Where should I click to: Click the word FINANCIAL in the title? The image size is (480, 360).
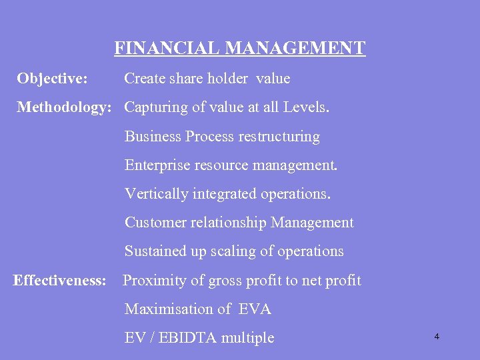click(x=167, y=49)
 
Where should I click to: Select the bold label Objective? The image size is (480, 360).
click(x=52, y=79)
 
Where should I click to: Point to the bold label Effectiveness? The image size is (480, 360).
click(x=60, y=281)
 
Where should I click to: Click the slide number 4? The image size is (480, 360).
click(x=437, y=337)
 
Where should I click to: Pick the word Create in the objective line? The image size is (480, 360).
click(x=145, y=79)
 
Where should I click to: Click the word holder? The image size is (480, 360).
click(x=227, y=79)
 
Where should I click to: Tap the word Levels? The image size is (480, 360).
click(x=306, y=107)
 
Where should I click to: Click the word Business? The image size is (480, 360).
click(x=153, y=137)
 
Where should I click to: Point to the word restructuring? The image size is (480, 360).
click(x=279, y=137)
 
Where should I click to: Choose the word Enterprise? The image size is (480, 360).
click(x=157, y=165)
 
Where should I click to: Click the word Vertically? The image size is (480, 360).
click(x=157, y=194)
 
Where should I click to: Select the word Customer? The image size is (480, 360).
click(x=155, y=223)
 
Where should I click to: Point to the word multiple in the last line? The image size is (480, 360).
click(x=247, y=338)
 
